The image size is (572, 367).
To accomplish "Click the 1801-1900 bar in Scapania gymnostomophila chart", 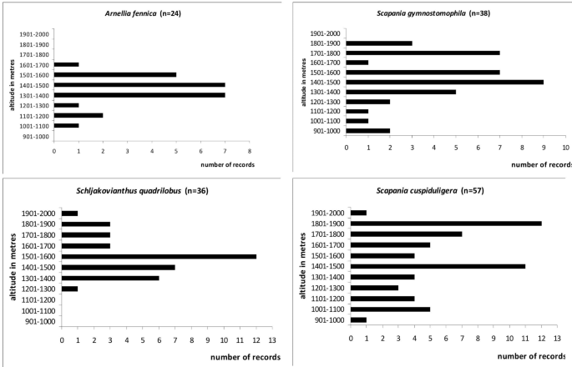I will click(379, 43).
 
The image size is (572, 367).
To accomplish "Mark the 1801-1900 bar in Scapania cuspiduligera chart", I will click(446, 223).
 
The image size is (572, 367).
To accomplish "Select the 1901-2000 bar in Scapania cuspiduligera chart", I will click(358, 212).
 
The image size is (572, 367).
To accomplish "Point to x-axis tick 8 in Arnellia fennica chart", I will click(249, 151).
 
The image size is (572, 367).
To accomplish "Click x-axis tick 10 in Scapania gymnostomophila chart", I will click(564, 148).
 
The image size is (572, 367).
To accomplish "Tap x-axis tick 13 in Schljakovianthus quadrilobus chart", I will click(271, 340).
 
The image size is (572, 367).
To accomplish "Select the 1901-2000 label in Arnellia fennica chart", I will click(34, 34).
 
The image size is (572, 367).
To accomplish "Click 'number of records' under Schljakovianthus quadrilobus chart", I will click(243, 357).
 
